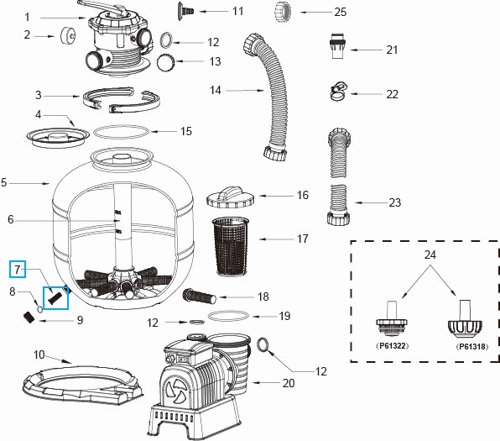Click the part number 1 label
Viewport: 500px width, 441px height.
click(26, 16)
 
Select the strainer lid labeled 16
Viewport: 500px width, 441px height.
click(230, 196)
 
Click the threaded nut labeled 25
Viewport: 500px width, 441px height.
click(283, 13)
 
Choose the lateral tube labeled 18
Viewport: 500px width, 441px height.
click(200, 296)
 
